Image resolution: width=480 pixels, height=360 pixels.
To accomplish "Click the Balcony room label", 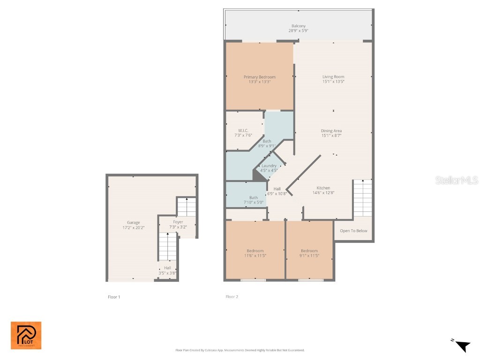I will coord(299,26).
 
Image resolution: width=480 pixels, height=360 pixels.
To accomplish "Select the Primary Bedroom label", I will coord(259,77).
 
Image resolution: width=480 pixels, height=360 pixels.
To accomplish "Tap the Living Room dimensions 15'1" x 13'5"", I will coord(333,82).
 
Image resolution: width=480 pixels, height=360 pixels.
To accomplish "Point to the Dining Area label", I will coord(331,131).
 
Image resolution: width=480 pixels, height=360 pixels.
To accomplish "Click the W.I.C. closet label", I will coord(243,130).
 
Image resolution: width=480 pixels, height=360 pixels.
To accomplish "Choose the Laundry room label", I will coord(269,166).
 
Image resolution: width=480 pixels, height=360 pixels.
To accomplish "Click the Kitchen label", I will coord(323,188).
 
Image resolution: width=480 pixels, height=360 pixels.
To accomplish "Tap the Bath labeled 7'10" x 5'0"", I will coord(254,200).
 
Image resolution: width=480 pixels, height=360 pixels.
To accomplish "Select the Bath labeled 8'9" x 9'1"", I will coord(267,143).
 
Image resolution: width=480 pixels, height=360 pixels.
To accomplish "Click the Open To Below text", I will coord(353,231).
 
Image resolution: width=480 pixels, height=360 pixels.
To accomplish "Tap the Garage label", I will coord(133,223).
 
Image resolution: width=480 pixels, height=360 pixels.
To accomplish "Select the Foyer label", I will coord(178,222).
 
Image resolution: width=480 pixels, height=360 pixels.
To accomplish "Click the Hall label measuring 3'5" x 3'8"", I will coord(167,270).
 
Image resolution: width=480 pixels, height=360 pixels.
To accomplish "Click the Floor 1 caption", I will coord(114,297).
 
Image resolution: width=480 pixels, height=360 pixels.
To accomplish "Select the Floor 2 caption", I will coord(232,297).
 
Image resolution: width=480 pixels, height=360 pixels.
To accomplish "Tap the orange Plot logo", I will coord(26,335).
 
